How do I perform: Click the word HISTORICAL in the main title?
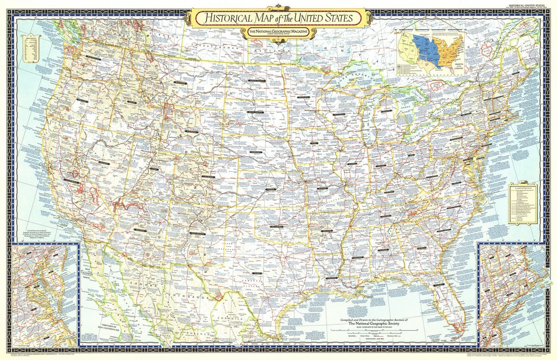coord(224,18)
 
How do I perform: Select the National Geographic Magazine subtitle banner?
coord(278,34)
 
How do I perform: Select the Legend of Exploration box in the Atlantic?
coord(522,204)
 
